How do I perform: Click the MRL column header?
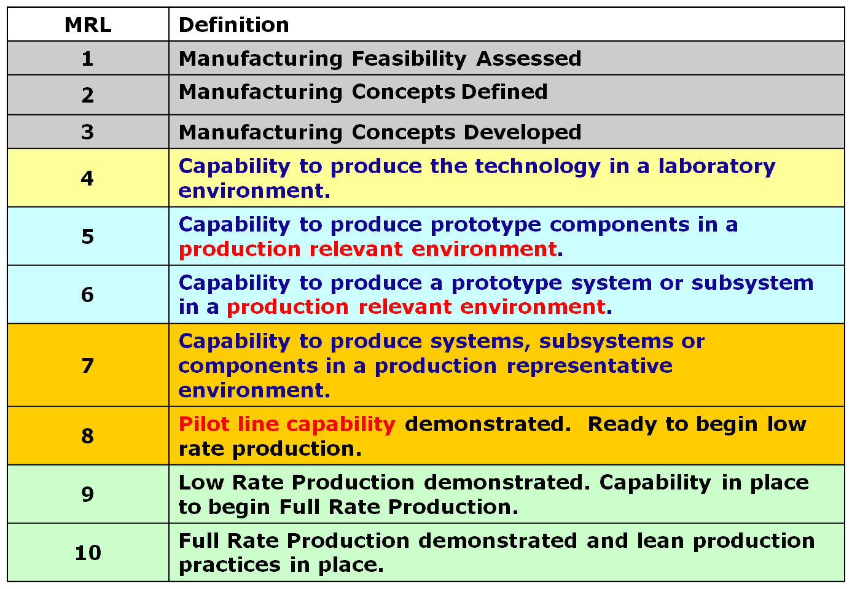click(88, 25)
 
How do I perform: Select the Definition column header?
click(234, 25)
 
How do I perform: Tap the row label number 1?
click(88, 59)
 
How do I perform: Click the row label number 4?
click(87, 178)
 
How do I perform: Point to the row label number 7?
click(88, 366)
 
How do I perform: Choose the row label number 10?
click(88, 553)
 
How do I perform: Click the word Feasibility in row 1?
click(409, 60)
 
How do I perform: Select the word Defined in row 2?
click(504, 92)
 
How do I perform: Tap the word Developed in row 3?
click(523, 133)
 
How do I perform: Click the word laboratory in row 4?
click(717, 167)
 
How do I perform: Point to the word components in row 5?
click(620, 225)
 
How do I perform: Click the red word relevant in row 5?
click(356, 249)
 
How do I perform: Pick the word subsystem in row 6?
click(752, 284)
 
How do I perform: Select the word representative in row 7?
click(590, 367)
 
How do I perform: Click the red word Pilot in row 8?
click(205, 424)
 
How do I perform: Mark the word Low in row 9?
click(201, 483)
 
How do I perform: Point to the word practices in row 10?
click(230, 566)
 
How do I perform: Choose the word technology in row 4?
click(538, 167)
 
